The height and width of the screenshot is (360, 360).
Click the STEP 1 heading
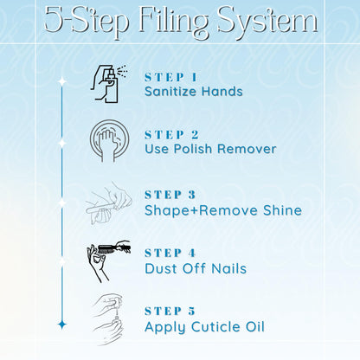[171, 77]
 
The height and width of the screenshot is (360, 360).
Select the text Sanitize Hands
[194, 92]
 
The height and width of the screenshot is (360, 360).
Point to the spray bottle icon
[109, 84]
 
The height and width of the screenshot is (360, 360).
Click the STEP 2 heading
[172, 135]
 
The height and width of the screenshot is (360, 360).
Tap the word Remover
[247, 149]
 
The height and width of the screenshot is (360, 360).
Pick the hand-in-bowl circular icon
[110, 141]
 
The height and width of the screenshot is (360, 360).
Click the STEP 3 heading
[170, 195]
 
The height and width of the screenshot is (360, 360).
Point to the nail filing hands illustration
[109, 203]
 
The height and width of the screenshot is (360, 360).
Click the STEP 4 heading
[170, 254]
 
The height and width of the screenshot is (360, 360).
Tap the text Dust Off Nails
[196, 268]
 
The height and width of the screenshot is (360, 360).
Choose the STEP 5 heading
[170, 312]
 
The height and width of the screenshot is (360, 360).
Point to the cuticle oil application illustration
[108, 319]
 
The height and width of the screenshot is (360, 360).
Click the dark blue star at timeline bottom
[62, 325]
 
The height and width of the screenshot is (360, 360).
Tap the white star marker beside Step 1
[62, 81]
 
